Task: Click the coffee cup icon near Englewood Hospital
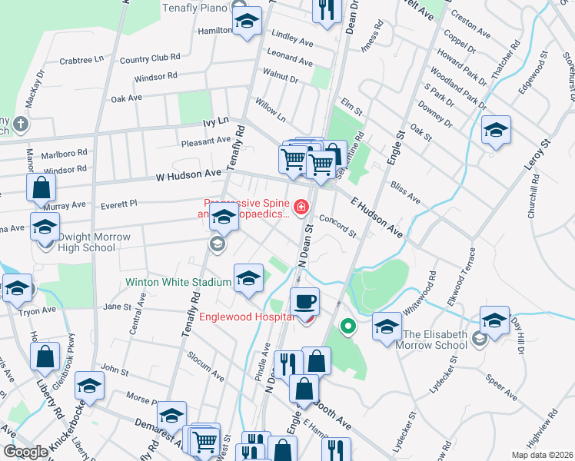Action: [x=305, y=301]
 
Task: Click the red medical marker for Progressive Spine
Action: [x=301, y=206]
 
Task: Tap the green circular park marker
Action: [x=347, y=327]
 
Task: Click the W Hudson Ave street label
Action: [x=188, y=175]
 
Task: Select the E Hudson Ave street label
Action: [x=377, y=216]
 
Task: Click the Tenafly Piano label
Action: [x=196, y=8]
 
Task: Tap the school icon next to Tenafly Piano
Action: [x=248, y=22]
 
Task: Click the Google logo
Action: [x=26, y=452]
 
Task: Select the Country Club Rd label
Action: [x=150, y=58]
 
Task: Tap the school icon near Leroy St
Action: [x=497, y=130]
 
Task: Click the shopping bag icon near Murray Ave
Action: [x=41, y=187]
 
